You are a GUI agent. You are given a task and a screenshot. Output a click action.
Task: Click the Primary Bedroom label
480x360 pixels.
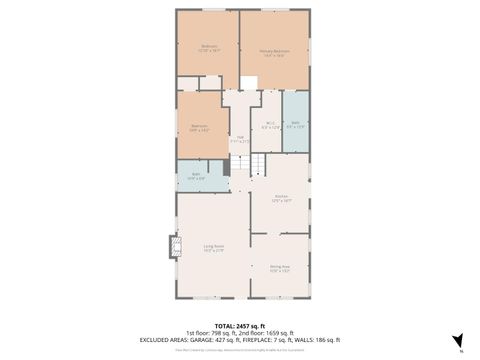275,53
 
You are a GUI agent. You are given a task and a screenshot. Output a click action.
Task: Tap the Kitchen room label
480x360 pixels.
282,198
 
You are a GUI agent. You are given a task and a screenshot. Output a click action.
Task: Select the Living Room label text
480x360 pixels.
213,247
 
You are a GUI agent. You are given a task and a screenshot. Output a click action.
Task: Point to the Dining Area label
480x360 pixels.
280,268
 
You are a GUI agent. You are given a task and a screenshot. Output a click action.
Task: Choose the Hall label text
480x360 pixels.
241,139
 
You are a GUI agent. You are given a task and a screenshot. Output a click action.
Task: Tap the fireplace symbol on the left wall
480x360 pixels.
172,245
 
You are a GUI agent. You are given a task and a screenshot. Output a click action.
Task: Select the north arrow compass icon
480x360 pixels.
457,340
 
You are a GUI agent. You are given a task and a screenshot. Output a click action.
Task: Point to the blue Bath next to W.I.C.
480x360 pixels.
295,125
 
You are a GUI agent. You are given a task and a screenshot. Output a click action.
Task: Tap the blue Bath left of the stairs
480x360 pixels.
197,177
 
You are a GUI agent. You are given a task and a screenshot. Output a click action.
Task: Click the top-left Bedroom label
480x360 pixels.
208,47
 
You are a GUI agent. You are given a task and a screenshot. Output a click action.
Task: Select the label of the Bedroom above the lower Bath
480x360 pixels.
201,127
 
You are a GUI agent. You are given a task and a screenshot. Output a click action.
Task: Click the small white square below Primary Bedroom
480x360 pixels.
249,82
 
